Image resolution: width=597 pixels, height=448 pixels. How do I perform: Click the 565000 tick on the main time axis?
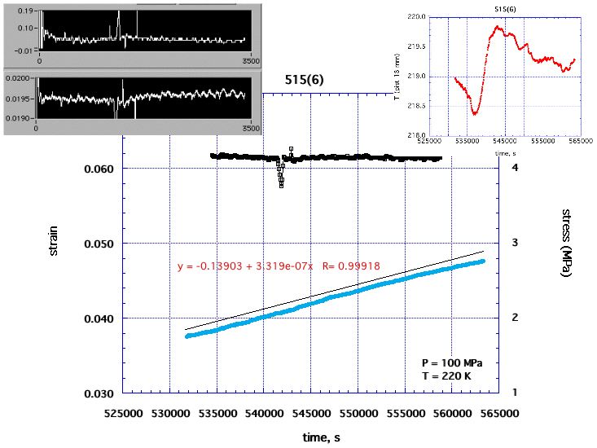498,413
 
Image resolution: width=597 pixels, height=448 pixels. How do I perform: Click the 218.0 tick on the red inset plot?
430,135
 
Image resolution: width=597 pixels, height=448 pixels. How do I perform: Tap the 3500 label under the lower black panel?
251,129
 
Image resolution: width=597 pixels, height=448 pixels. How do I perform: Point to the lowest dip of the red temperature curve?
474,113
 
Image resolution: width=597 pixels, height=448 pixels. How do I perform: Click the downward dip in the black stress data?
281,185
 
